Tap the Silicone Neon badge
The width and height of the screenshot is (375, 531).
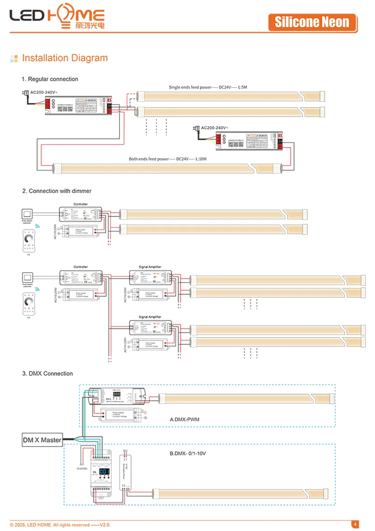pos(312,22)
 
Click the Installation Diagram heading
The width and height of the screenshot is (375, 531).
pos(65,58)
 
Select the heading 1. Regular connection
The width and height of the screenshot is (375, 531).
pos(50,79)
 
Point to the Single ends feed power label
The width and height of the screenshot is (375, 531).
pos(190,88)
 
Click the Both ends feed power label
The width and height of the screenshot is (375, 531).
pos(149,159)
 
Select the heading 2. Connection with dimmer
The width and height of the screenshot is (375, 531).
pos(57,191)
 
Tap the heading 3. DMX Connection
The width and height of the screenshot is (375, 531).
pos(47,373)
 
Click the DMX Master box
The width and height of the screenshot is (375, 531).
pos(42,440)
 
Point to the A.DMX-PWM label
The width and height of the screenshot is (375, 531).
pos(184,419)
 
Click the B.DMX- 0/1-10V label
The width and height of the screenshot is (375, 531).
pos(187,454)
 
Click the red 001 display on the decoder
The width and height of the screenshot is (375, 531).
pos(104,471)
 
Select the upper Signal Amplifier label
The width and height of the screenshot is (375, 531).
pos(150,267)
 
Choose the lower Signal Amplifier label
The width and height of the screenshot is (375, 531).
pos(150,317)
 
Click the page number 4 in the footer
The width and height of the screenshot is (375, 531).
pos(355,524)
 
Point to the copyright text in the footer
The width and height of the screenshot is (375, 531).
pos(60,524)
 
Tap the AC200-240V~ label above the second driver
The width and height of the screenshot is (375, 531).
pos(214,128)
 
